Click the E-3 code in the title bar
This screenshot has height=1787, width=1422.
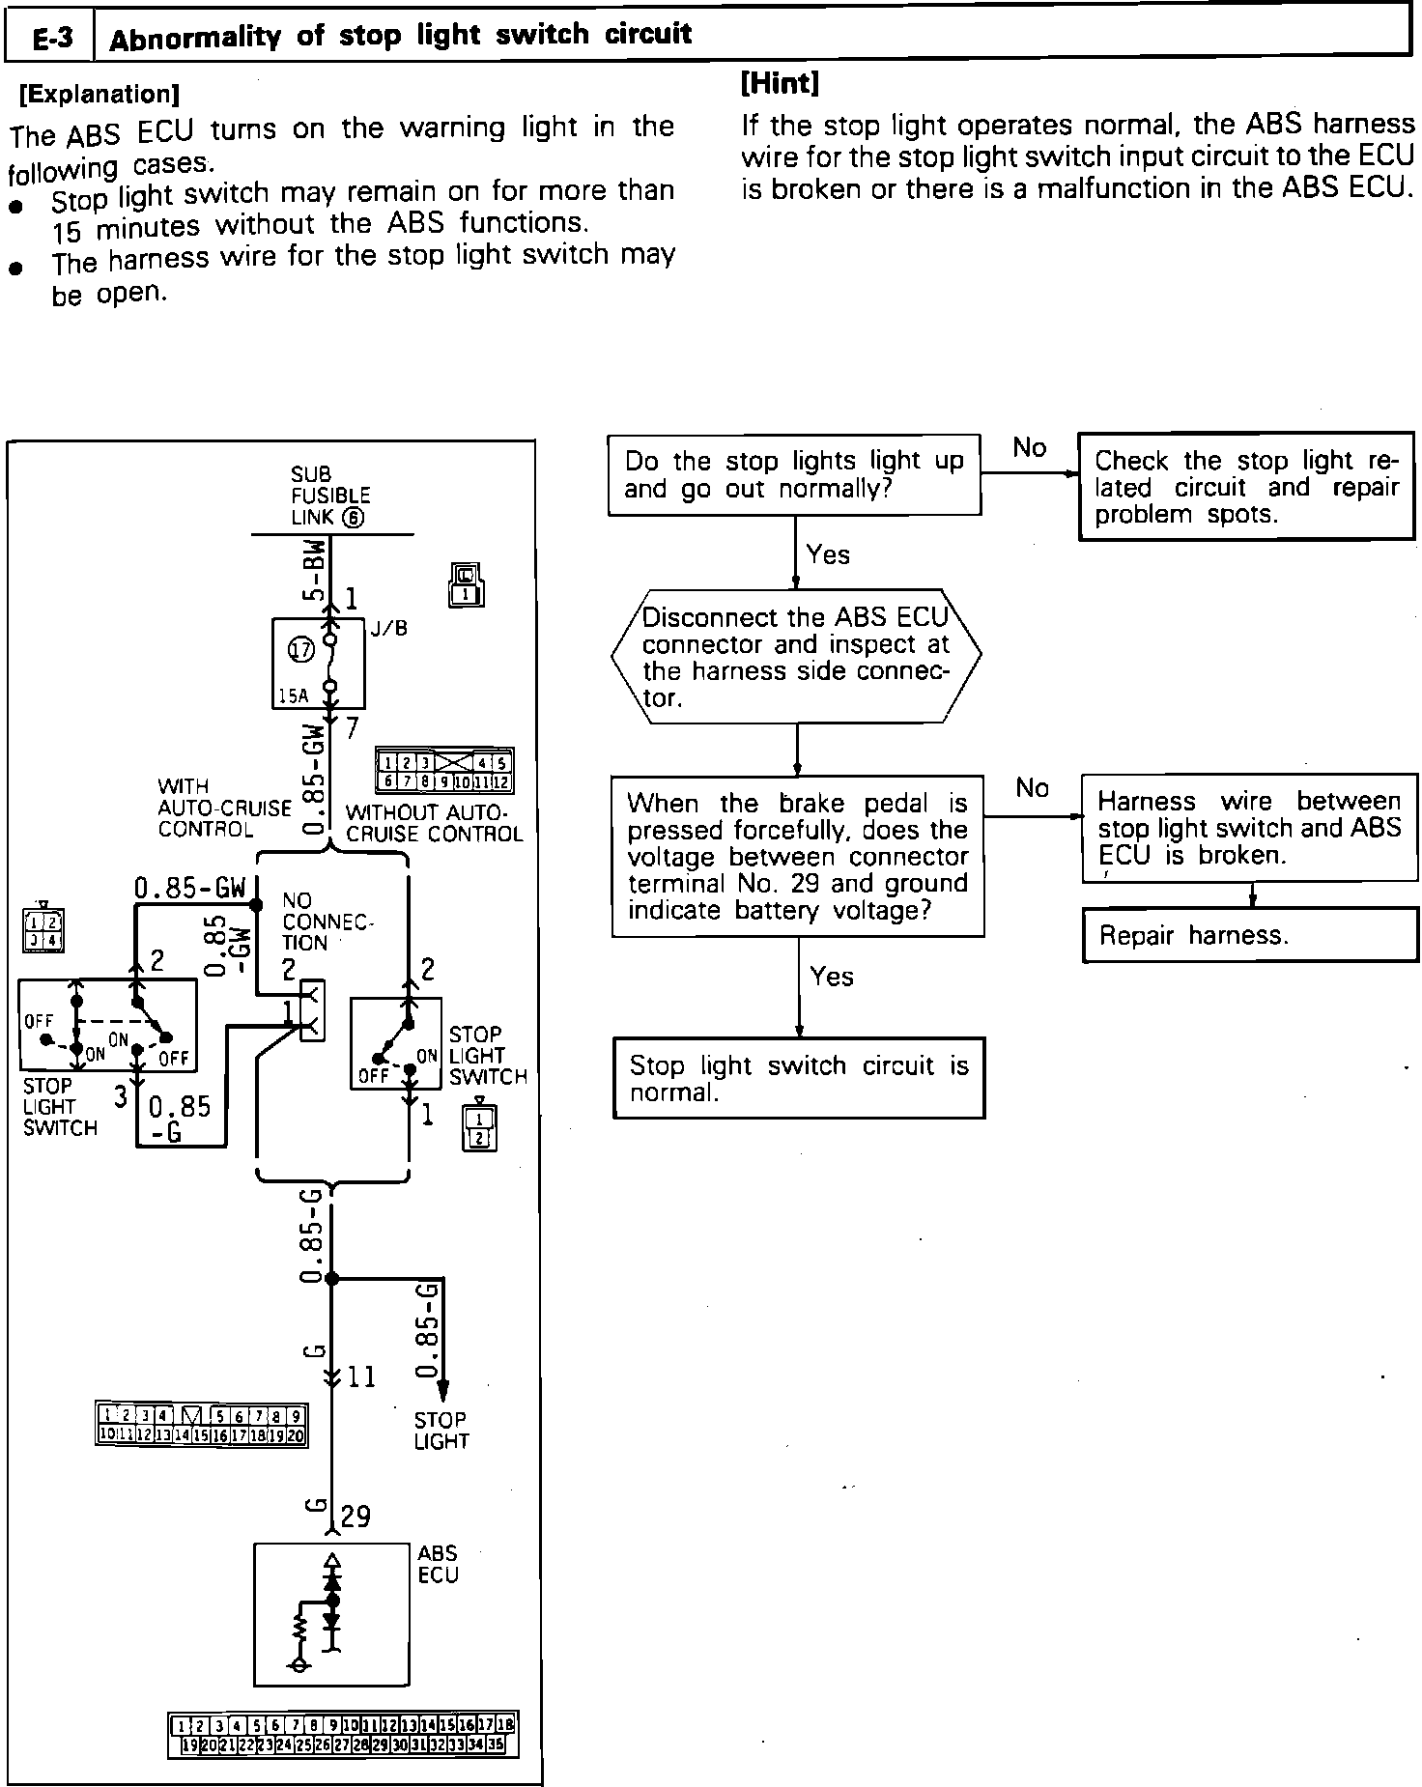50,39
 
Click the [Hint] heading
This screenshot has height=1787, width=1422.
780,83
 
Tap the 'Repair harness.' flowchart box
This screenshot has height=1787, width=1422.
1251,934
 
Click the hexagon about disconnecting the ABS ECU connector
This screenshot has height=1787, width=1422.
795,656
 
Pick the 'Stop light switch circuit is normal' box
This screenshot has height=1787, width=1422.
798,1078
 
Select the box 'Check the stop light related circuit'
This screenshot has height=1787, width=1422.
1245,486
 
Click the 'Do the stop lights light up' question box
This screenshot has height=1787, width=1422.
793,474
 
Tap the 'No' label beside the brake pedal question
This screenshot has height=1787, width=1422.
1032,788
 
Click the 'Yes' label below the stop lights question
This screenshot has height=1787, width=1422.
828,554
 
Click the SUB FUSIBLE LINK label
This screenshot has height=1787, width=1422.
329,496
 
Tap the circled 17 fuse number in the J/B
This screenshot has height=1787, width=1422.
301,649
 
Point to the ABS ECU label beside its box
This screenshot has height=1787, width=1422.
438,1564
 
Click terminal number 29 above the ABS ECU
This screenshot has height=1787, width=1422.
355,1517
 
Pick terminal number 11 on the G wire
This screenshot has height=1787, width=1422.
360,1376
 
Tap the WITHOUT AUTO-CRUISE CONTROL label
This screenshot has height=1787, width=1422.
434,823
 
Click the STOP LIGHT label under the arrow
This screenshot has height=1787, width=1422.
441,1431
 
